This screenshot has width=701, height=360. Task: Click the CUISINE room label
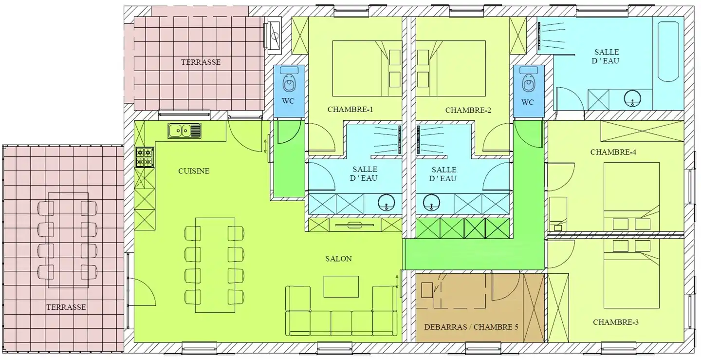[x=194, y=171]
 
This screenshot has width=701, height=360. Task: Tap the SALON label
[x=338, y=259]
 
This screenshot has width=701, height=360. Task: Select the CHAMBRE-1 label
[x=350, y=109]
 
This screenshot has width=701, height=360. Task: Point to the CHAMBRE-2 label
[x=468, y=110]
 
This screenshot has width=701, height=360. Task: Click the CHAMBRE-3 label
[x=615, y=322]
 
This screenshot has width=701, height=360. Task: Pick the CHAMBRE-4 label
[x=613, y=152]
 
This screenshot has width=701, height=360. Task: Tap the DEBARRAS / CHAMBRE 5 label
[x=471, y=327]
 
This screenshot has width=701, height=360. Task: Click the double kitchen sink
[x=184, y=131]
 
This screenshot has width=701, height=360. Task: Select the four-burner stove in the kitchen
[x=145, y=157]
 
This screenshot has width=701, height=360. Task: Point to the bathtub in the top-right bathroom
[x=668, y=52]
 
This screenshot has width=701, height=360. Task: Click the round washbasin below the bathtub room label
[x=632, y=98]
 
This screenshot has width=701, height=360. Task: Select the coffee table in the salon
[x=341, y=286]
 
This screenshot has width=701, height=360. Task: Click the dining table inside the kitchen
[x=215, y=265]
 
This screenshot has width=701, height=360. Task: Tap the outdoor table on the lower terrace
[x=68, y=240]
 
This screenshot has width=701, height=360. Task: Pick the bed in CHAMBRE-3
[x=631, y=274]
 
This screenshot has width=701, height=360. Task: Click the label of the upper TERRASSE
[x=201, y=62]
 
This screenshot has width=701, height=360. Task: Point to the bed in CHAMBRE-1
[x=367, y=68]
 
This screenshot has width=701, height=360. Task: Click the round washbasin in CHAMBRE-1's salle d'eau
[x=386, y=203]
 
